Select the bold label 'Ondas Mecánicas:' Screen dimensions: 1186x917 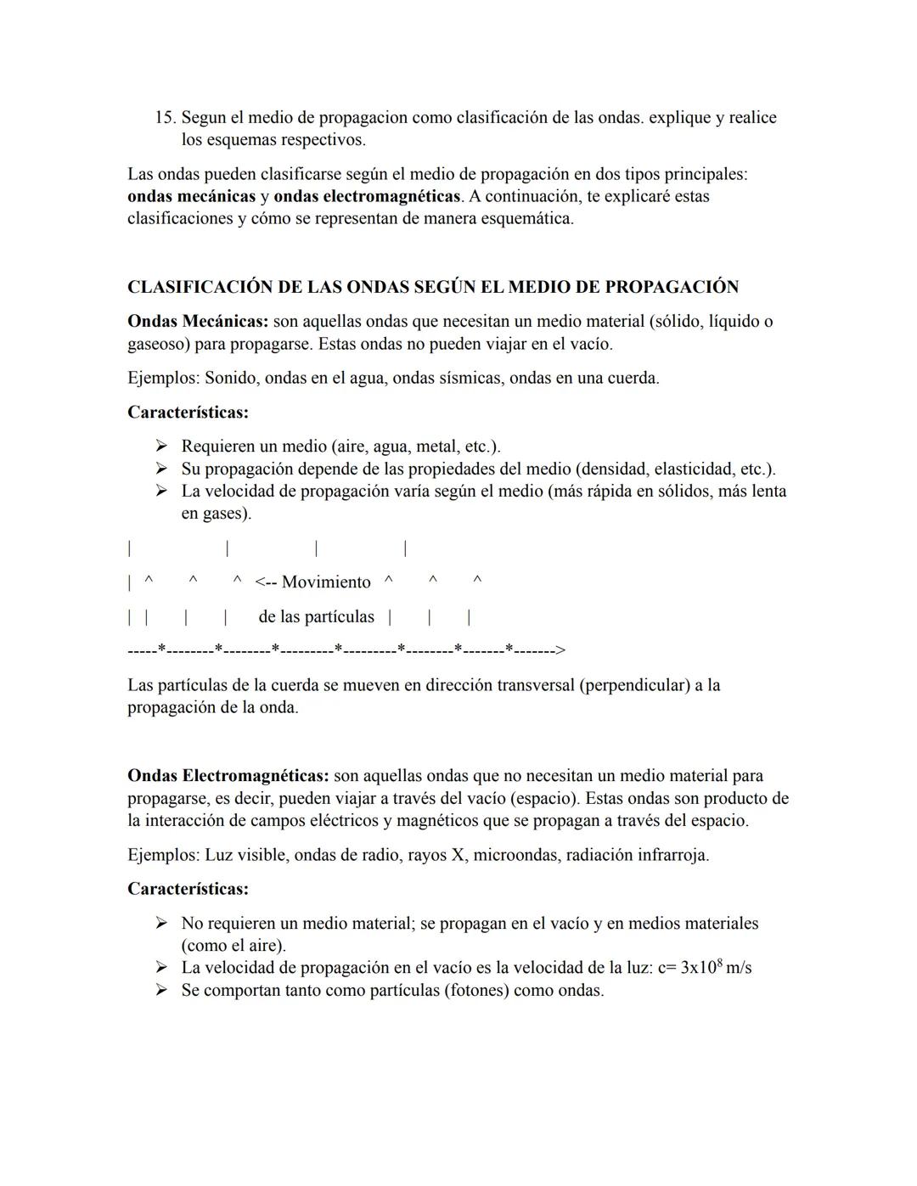(x=198, y=322)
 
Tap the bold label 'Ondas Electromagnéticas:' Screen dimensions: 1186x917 (x=228, y=776)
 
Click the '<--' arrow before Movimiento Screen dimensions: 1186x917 (x=265, y=582)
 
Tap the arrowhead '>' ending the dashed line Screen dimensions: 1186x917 (x=560, y=650)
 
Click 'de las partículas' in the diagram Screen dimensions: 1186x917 (x=316, y=616)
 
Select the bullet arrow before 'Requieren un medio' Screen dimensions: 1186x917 (x=160, y=447)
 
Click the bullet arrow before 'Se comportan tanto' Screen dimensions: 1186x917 (x=160, y=991)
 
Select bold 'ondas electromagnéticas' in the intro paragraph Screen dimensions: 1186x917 (x=368, y=196)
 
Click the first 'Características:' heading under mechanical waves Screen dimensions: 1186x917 (x=188, y=413)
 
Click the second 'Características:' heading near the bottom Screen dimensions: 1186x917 (x=188, y=890)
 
